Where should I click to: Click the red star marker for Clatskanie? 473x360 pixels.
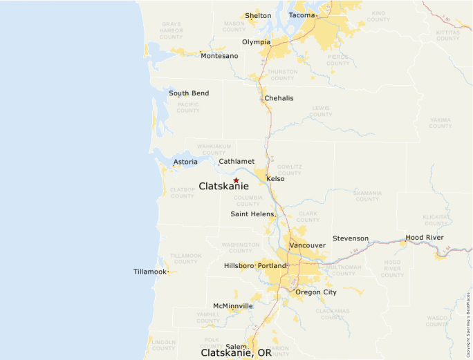tap(236, 180)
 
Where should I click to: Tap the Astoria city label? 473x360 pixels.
tap(185, 162)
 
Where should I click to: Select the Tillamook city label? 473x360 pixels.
tap(150, 272)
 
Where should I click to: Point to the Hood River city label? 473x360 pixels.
tap(425, 237)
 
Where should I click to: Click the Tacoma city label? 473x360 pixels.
tap(302, 15)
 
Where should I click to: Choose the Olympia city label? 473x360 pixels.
tap(256, 42)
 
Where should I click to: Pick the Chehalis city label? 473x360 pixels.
tap(279, 98)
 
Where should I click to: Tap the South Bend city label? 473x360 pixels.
tap(189, 93)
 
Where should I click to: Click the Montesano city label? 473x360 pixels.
tap(219, 55)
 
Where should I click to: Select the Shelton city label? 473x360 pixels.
tap(258, 16)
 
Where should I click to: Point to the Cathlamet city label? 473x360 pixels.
tap(236, 161)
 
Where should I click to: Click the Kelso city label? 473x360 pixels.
tap(275, 178)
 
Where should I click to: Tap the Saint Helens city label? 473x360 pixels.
tap(252, 214)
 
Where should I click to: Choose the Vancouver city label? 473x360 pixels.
tap(307, 245)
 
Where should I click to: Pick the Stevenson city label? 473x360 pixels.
tap(351, 238)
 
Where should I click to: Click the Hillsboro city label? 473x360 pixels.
tap(239, 266)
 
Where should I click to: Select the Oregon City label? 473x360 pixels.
tap(316, 292)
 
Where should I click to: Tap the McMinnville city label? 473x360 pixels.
tap(233, 305)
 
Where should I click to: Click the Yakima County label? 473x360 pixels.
tap(440, 122)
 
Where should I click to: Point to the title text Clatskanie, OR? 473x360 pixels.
tap(236, 352)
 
